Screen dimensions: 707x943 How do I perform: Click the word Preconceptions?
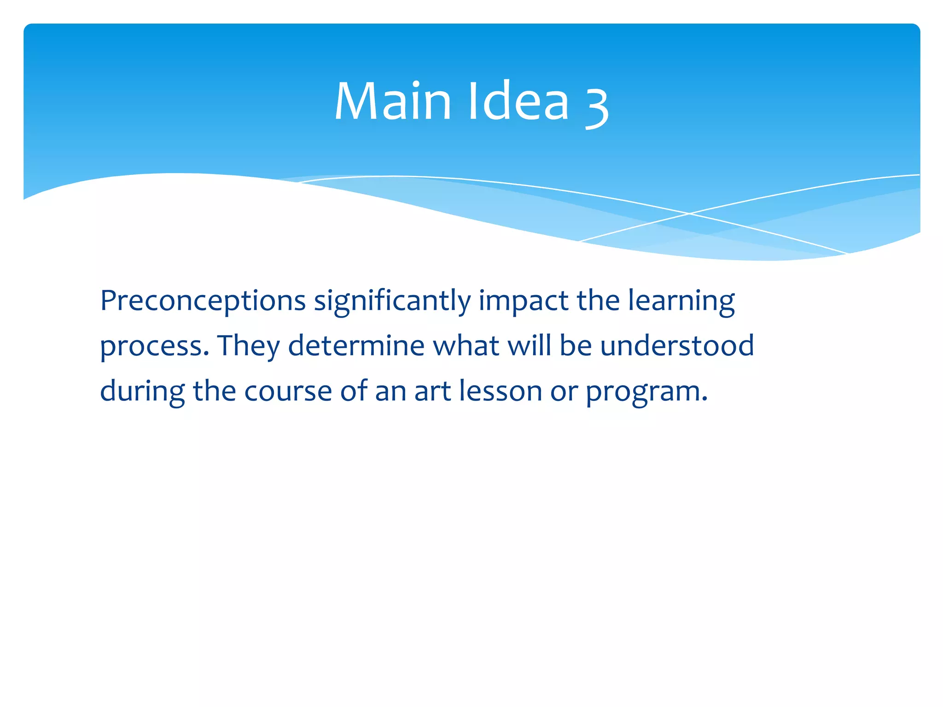click(x=203, y=302)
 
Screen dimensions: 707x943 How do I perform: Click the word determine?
click(x=356, y=346)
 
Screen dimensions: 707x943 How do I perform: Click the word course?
click(x=288, y=392)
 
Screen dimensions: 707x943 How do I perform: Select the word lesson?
click(x=501, y=392)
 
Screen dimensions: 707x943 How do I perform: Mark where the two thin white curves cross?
click(x=689, y=214)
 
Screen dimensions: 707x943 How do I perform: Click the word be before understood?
click(x=576, y=346)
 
